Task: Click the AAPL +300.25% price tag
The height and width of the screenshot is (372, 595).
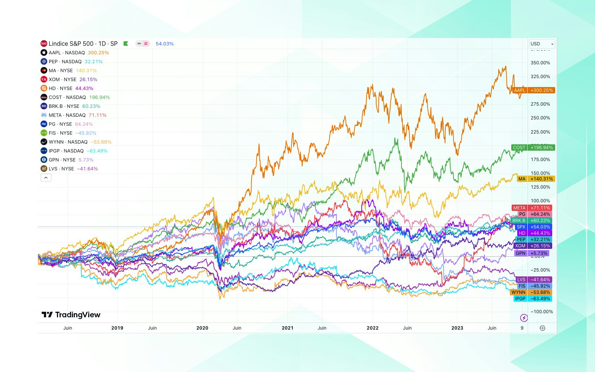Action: pyautogui.click(x=534, y=90)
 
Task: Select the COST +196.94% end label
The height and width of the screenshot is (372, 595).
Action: pyautogui.click(x=533, y=148)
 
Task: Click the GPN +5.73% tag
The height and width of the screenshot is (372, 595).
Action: pyautogui.click(x=532, y=253)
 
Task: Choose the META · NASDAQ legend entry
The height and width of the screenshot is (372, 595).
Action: pyautogui.click(x=67, y=115)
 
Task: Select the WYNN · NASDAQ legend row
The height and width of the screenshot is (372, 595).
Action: pyautogui.click(x=68, y=142)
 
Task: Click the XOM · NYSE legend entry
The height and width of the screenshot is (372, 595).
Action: pyautogui.click(x=62, y=80)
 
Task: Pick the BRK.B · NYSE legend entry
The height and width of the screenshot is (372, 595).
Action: pyautogui.click(x=64, y=106)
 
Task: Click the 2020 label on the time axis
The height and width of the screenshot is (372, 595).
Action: pyautogui.click(x=202, y=328)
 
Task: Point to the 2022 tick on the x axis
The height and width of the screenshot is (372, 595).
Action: pyautogui.click(x=372, y=328)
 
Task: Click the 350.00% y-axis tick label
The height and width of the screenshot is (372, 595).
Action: pyautogui.click(x=540, y=63)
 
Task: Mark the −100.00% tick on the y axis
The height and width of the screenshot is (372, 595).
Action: pyautogui.click(x=541, y=312)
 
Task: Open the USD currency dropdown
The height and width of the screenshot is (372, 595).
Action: pyautogui.click(x=542, y=44)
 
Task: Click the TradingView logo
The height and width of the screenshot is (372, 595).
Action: pyautogui.click(x=71, y=315)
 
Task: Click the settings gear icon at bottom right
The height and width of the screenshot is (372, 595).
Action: pyautogui.click(x=543, y=328)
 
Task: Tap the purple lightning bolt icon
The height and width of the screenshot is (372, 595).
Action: pyautogui.click(x=524, y=318)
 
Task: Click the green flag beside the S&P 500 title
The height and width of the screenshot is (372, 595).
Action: pyautogui.click(x=126, y=44)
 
